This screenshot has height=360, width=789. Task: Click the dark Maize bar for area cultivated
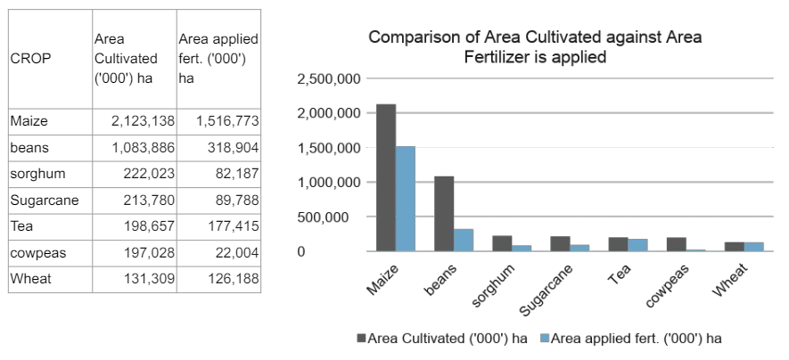(386, 177)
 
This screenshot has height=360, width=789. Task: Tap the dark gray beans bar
(444, 214)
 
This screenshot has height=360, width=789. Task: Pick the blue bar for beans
(464, 240)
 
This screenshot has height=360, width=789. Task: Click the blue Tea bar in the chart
(637, 245)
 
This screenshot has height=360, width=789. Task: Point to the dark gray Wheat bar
(735, 247)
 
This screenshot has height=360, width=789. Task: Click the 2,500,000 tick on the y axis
(326, 79)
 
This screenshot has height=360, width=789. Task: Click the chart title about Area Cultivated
(535, 47)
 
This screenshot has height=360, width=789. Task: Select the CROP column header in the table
(30, 58)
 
